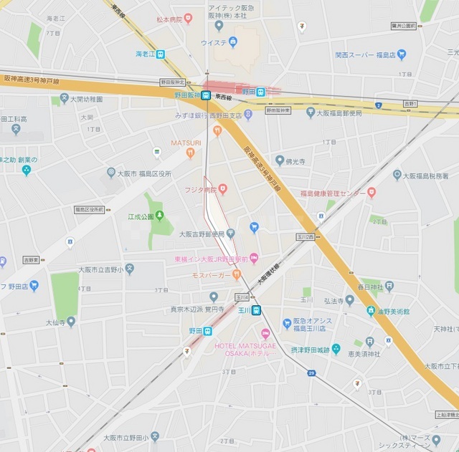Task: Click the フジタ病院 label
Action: [x=200, y=189]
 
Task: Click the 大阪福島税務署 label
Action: [x=430, y=175]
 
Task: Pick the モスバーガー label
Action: [x=211, y=275]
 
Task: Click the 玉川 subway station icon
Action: [x=256, y=309]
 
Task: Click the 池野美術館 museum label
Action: [x=392, y=312]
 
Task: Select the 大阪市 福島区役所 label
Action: [x=139, y=173]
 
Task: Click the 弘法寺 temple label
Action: [x=336, y=301]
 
